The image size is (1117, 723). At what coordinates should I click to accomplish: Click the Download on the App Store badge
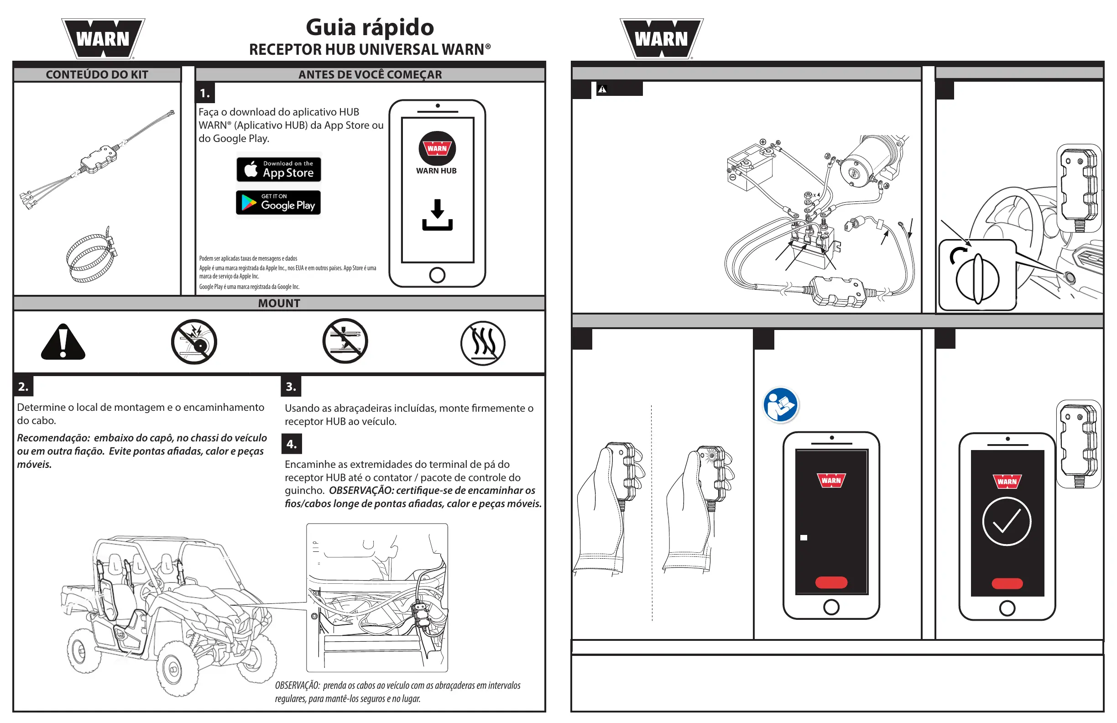pyautogui.click(x=279, y=169)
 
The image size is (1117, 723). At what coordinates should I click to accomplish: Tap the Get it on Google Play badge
pyautogui.click(x=278, y=202)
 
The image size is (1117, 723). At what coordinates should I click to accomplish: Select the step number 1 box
pyautogui.click(x=205, y=93)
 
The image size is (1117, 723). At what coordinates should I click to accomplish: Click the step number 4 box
pyautogui.click(x=292, y=444)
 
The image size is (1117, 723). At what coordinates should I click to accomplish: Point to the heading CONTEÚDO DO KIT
pyautogui.click(x=97, y=75)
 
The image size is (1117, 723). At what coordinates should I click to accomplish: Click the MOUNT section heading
pyautogui.click(x=279, y=303)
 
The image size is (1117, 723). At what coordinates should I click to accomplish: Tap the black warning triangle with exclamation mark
pyautogui.click(x=63, y=343)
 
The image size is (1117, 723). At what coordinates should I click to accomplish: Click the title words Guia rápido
pyautogui.click(x=370, y=27)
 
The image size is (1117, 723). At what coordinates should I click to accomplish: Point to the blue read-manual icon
pyautogui.click(x=781, y=405)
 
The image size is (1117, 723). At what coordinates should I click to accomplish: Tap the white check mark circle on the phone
pyautogui.click(x=1007, y=522)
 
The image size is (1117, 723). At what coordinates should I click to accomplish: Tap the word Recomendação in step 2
pyautogui.click(x=53, y=438)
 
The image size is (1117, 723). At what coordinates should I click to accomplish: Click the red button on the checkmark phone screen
pyautogui.click(x=1007, y=584)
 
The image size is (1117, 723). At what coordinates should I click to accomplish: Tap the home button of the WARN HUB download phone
pyautogui.click(x=437, y=275)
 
